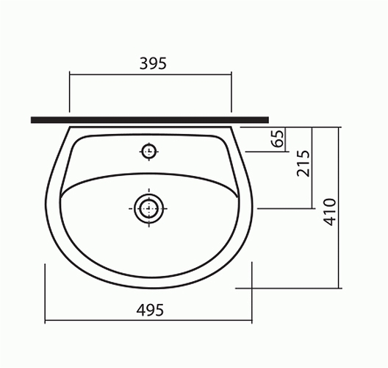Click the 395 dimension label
pyautogui.click(x=153, y=63)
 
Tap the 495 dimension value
pyautogui.click(x=150, y=310)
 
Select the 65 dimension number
pyautogui.click(x=278, y=138)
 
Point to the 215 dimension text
pyautogui.click(x=303, y=163)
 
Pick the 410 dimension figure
pyautogui.click(x=330, y=212)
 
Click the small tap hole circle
pyautogui.click(x=148, y=152)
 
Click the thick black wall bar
pyautogui.click(x=150, y=120)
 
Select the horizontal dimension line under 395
pyautogui.click(x=151, y=74)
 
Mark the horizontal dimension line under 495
pyautogui.click(x=148, y=321)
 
